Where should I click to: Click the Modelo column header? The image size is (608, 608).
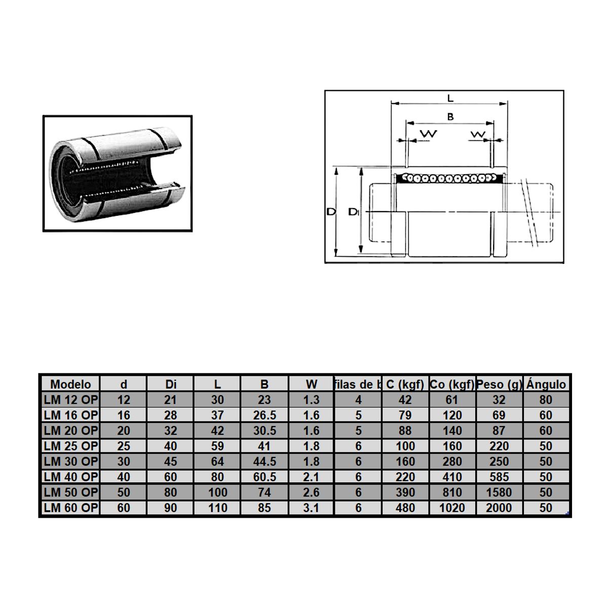(70, 384)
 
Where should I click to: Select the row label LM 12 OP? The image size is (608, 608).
(70, 400)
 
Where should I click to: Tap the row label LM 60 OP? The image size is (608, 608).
(70, 508)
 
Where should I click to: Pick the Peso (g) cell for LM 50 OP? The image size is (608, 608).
(499, 492)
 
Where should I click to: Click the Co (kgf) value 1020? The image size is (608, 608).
(451, 508)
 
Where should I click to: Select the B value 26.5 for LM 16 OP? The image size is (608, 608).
(264, 415)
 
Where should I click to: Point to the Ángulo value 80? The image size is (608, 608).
(546, 400)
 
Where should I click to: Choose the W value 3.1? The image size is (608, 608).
(311, 508)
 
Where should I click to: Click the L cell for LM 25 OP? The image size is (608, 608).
(217, 446)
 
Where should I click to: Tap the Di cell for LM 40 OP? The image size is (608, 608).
(171, 477)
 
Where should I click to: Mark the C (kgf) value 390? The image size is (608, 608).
(405, 492)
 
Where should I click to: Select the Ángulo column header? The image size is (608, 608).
(546, 384)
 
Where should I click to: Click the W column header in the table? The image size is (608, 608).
(311, 384)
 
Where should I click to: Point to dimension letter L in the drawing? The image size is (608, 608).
(450, 98)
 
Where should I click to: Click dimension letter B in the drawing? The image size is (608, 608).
(450, 117)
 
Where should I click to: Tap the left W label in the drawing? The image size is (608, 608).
(429, 134)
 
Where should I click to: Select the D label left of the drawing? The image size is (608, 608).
(331, 212)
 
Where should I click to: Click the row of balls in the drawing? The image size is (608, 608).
(450, 178)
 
